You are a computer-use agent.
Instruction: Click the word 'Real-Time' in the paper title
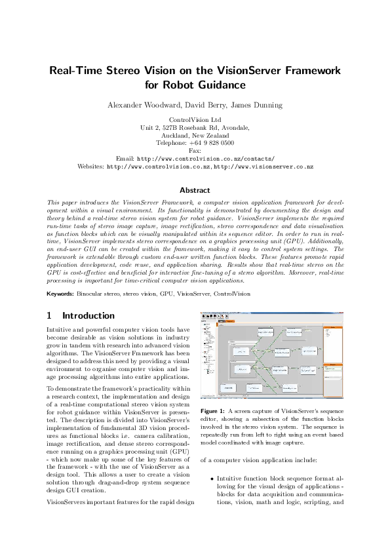[x=77, y=71]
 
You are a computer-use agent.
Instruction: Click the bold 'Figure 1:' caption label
[x=214, y=410]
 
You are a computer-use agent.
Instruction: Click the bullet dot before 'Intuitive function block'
[x=212, y=479]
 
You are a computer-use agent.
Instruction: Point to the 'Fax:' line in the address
[x=195, y=151]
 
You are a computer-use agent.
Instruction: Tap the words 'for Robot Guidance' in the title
[x=195, y=85]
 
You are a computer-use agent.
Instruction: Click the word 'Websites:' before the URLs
[x=90, y=167]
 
